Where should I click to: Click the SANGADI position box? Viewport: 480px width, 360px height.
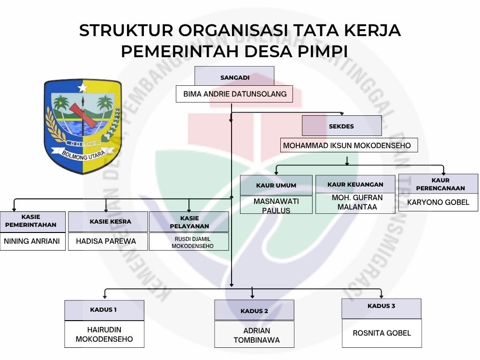(x=234, y=76)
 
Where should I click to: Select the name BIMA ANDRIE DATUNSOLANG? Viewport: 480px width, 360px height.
(x=234, y=94)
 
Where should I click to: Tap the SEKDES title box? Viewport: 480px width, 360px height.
(x=341, y=126)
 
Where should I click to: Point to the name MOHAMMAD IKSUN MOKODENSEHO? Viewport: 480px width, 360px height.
(x=347, y=145)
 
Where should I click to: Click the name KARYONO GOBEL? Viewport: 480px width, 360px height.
(x=438, y=202)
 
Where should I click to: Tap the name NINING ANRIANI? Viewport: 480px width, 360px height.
(x=32, y=241)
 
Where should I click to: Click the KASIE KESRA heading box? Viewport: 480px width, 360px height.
(x=108, y=221)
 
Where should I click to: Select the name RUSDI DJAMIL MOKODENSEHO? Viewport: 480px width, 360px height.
(x=189, y=242)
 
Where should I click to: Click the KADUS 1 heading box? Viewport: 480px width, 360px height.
(x=104, y=310)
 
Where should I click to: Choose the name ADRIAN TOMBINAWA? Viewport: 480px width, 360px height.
(x=254, y=335)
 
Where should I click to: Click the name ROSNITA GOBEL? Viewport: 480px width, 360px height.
(x=382, y=333)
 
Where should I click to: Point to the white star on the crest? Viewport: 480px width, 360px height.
(x=83, y=87)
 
